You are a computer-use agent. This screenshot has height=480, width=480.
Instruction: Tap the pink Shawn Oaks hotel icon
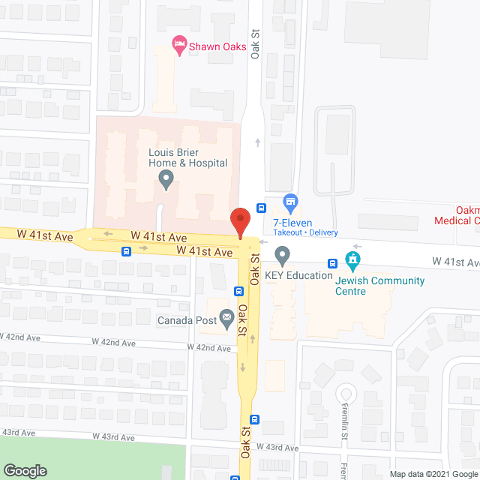pyautogui.click(x=179, y=46)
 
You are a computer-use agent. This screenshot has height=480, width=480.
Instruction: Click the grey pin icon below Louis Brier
pyautogui.click(x=166, y=179)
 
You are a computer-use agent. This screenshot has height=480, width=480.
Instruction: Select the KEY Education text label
pyautogui.click(x=303, y=275)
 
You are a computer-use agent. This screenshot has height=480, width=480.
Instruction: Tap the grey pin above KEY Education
pyautogui.click(x=282, y=256)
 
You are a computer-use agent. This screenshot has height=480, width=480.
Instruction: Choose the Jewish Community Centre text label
pyautogui.click(x=380, y=286)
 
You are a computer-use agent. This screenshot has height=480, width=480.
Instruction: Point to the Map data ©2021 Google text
pyautogui.click(x=433, y=473)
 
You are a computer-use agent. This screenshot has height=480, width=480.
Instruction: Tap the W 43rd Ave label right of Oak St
pyautogui.click(x=277, y=448)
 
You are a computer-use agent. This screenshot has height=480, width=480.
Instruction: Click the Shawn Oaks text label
pyautogui.click(x=217, y=46)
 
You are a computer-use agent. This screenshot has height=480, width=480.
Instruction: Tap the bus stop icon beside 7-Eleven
pyautogui.click(x=261, y=208)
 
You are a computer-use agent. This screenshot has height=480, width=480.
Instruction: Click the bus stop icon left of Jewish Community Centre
pyautogui.click(x=331, y=262)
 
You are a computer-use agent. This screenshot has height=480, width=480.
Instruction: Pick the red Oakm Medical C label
pyautogui.click(x=458, y=215)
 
